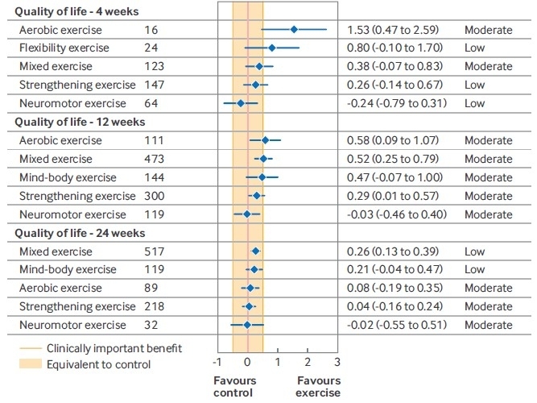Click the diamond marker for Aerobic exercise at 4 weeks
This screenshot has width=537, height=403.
coord(294,30)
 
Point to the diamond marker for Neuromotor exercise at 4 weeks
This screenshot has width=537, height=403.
coord(240,103)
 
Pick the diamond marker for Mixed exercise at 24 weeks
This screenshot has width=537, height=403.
coord(256,251)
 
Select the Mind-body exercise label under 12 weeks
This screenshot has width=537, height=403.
coord(68,177)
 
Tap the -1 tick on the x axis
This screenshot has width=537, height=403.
coord(217,362)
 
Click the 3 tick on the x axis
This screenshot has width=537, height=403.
coord(337,362)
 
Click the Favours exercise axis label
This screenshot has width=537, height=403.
coord(319,386)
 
